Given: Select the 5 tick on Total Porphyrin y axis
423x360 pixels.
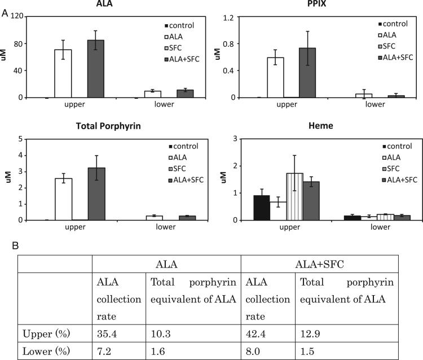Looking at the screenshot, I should tap(20, 139).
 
